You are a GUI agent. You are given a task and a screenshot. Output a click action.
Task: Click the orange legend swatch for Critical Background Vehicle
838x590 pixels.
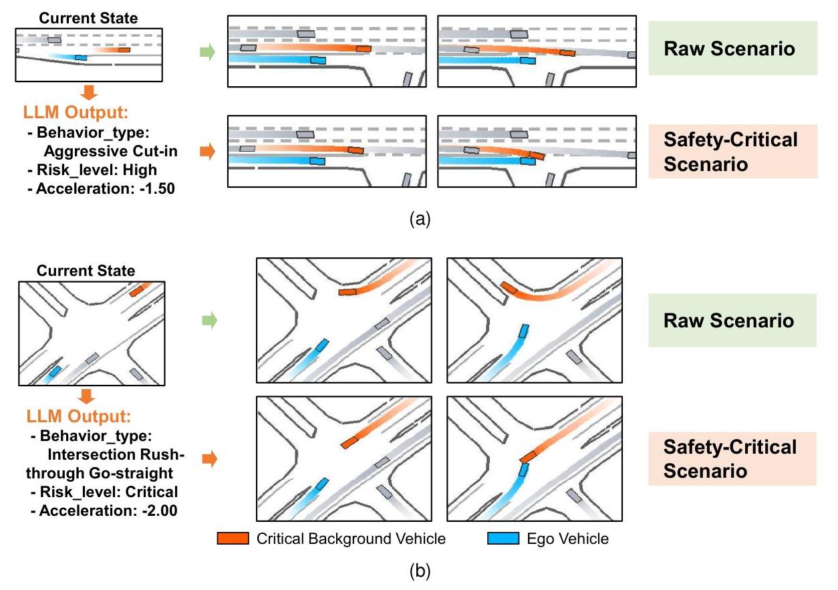coord(233,539)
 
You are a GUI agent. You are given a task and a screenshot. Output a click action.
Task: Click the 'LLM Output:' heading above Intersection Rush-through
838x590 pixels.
coord(79,417)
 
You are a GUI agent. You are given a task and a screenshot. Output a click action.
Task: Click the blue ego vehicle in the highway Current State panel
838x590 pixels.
coord(80,57)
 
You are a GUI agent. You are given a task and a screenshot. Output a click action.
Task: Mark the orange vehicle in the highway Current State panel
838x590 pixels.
coord(124,49)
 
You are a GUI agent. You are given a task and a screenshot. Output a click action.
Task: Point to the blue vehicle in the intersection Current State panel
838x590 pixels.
coord(54,370)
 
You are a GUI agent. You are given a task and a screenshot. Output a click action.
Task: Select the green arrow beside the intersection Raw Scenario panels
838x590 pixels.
coord(209,321)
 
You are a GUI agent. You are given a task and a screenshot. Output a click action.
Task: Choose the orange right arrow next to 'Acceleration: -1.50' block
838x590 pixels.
coord(208,153)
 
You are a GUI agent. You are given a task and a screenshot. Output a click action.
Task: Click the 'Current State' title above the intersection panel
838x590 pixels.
coord(86,271)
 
